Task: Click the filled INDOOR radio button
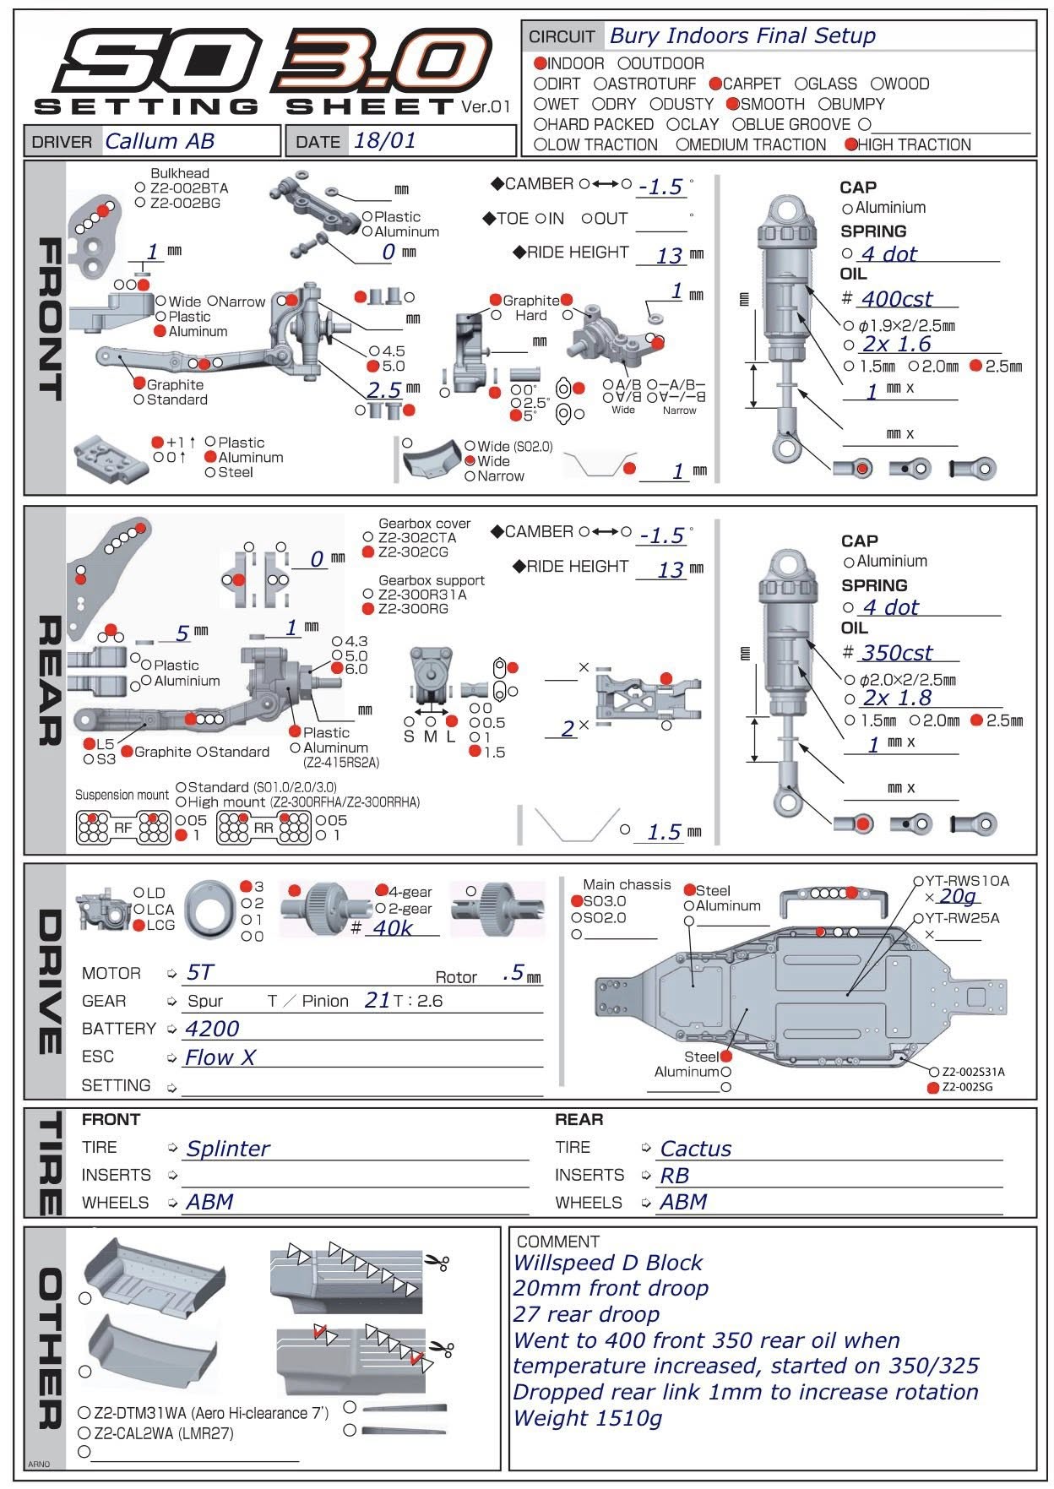pos(541,63)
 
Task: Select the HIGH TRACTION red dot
pos(850,144)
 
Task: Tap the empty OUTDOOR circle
pos(623,63)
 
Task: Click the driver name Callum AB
pos(160,141)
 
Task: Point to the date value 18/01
pos(384,140)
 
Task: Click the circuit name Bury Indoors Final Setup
pos(742,36)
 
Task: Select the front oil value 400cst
pos(897,299)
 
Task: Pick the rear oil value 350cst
pos(897,653)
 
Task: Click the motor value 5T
pos(200,973)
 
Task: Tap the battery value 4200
pos(212,1029)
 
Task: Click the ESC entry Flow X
pos(220,1057)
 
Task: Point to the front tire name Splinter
pos(228,1149)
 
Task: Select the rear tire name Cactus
pos(696,1149)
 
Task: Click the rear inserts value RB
pos(675,1176)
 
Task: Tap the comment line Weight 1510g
pos(588,1418)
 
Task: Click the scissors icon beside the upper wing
pos(437,1263)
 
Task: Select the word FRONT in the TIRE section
pos(111,1120)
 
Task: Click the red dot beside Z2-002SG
pos(933,1088)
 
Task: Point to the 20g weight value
pos(957,896)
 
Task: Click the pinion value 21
pos(378,1001)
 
